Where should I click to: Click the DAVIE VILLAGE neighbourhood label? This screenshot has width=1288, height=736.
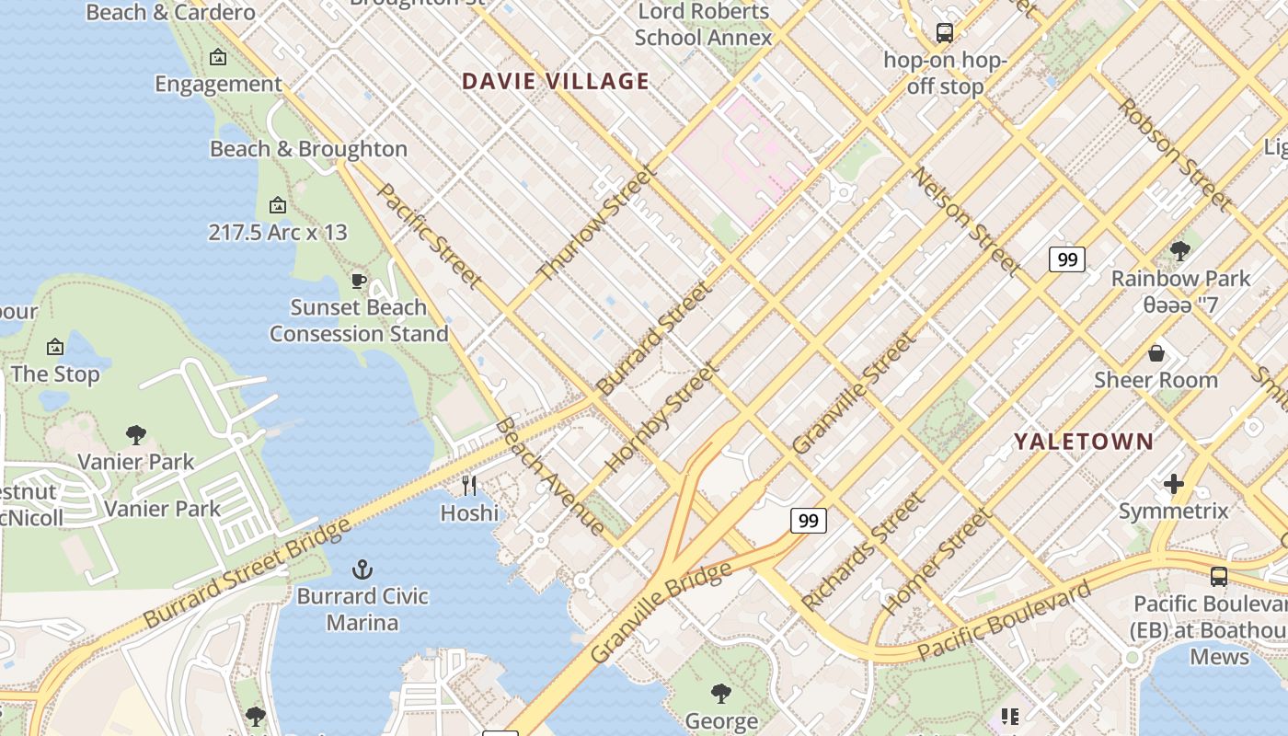(x=556, y=81)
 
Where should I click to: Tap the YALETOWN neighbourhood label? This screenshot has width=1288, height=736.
(x=1083, y=442)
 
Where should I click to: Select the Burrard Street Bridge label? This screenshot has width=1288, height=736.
(x=247, y=573)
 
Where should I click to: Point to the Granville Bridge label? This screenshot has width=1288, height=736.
(x=661, y=611)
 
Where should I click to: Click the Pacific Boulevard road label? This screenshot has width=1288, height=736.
(x=1004, y=621)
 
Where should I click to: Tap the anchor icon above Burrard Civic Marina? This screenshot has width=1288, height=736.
(x=362, y=569)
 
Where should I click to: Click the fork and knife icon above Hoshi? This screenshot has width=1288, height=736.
(x=469, y=485)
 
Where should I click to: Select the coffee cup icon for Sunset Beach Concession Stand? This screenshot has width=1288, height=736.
(x=359, y=281)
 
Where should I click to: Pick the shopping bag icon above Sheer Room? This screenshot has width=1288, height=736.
(x=1156, y=353)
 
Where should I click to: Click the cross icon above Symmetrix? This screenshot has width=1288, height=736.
(x=1173, y=484)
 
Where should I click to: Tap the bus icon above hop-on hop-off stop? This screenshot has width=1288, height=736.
(x=944, y=33)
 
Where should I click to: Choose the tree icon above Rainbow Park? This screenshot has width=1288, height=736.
(x=1179, y=251)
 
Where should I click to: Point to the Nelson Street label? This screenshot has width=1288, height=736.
(x=966, y=222)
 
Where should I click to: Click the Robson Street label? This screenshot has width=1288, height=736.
(x=1174, y=154)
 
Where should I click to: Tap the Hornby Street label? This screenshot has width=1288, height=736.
(x=661, y=418)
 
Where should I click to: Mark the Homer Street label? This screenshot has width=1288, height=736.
(x=937, y=561)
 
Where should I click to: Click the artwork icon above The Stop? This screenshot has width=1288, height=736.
(x=55, y=347)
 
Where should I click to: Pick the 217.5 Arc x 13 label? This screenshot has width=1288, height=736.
(x=278, y=232)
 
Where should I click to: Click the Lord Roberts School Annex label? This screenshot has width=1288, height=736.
(x=703, y=25)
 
